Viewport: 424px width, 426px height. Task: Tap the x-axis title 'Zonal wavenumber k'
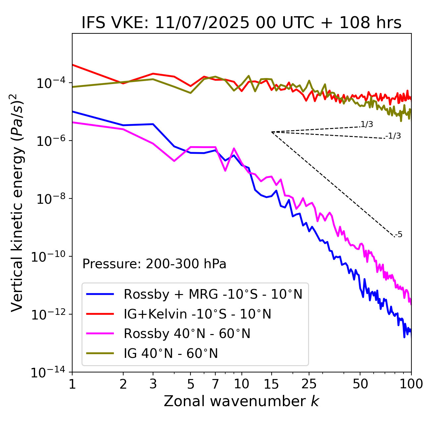pyautogui.click(x=241, y=401)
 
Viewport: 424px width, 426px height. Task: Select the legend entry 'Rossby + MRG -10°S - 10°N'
pyautogui.click(x=213, y=294)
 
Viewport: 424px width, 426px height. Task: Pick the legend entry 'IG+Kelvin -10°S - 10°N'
pyautogui.click(x=197, y=314)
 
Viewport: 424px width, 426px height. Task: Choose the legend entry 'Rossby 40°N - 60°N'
pyautogui.click(x=187, y=334)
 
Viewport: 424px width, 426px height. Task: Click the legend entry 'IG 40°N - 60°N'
pyautogui.click(x=171, y=354)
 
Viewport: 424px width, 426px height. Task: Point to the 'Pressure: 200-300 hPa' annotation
pyautogui.click(x=154, y=264)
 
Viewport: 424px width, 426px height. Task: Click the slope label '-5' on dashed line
pyautogui.click(x=398, y=235)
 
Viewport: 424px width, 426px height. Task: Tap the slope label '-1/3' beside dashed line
pyautogui.click(x=394, y=136)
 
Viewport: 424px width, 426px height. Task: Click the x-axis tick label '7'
pyautogui.click(x=215, y=384)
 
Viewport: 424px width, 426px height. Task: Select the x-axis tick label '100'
pyautogui.click(x=411, y=384)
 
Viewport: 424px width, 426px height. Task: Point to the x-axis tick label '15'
pyautogui.click(x=271, y=384)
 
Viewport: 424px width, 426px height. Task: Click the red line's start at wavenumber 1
pyautogui.click(x=73, y=64)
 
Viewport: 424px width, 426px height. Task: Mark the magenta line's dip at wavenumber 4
pyautogui.click(x=174, y=161)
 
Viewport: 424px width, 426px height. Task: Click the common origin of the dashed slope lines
pyautogui.click(x=272, y=132)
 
